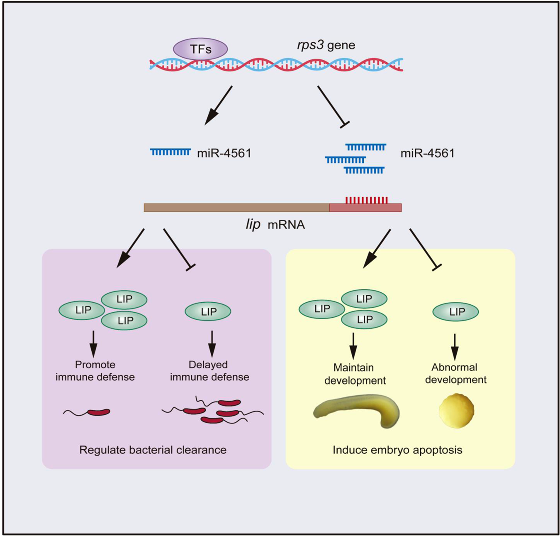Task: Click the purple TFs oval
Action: (x=200, y=49)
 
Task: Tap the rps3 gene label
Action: (x=326, y=45)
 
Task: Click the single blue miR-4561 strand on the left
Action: (x=170, y=152)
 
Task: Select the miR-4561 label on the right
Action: (x=427, y=153)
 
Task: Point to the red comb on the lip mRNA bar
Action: (x=366, y=201)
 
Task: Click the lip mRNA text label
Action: (x=275, y=225)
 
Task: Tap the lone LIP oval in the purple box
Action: (x=208, y=311)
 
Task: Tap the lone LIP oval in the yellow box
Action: (x=455, y=312)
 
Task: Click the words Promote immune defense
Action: (x=95, y=371)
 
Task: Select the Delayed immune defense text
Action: (x=209, y=371)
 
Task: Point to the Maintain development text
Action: (x=355, y=374)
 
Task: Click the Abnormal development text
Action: (x=455, y=373)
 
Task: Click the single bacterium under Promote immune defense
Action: (x=98, y=412)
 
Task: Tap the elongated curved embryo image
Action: (x=356, y=411)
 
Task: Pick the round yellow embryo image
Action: (x=456, y=411)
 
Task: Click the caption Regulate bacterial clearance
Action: (x=153, y=450)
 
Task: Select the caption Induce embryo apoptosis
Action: (x=397, y=450)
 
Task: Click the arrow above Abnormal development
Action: (x=455, y=347)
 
